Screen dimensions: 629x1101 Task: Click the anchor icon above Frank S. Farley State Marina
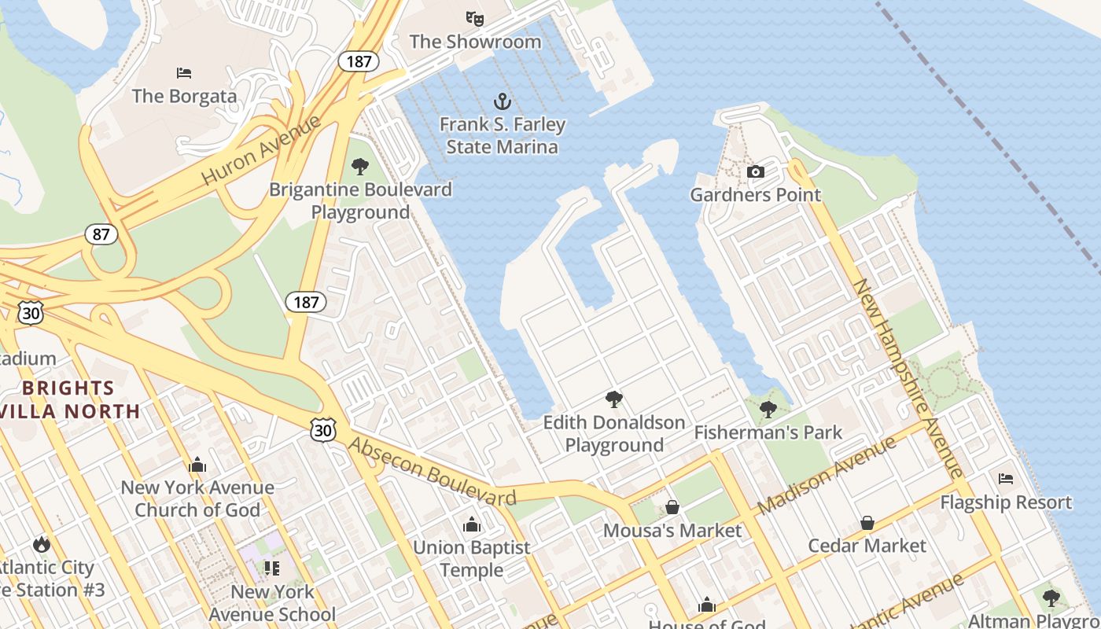502,101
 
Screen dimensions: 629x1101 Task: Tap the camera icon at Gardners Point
755,171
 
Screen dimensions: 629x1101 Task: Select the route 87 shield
101,234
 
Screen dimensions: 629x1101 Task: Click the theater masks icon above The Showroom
474,18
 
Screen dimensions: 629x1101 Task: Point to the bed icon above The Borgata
184,73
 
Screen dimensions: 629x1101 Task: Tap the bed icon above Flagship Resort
1006,478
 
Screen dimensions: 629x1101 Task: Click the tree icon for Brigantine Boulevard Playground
360,166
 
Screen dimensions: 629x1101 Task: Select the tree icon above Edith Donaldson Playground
614,399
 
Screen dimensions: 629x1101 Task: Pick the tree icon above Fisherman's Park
768,409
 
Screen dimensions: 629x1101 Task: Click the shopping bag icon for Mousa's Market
672,507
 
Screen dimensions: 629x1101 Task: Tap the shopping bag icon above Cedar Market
867,523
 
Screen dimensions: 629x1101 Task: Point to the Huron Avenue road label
261,150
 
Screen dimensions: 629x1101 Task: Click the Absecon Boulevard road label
432,472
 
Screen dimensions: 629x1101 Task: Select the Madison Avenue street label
827,474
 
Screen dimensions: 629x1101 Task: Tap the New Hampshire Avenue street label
909,377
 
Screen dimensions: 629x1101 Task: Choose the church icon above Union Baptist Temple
472,524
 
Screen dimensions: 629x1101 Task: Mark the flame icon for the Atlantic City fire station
41,544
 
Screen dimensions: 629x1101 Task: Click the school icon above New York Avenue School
272,568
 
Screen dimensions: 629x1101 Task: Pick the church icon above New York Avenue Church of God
197,465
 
